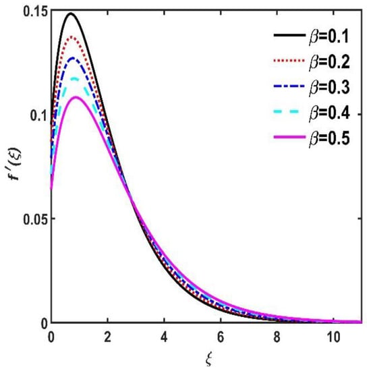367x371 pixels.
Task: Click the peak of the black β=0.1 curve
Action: click(x=70, y=13)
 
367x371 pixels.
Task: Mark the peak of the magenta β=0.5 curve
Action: click(x=76, y=97)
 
